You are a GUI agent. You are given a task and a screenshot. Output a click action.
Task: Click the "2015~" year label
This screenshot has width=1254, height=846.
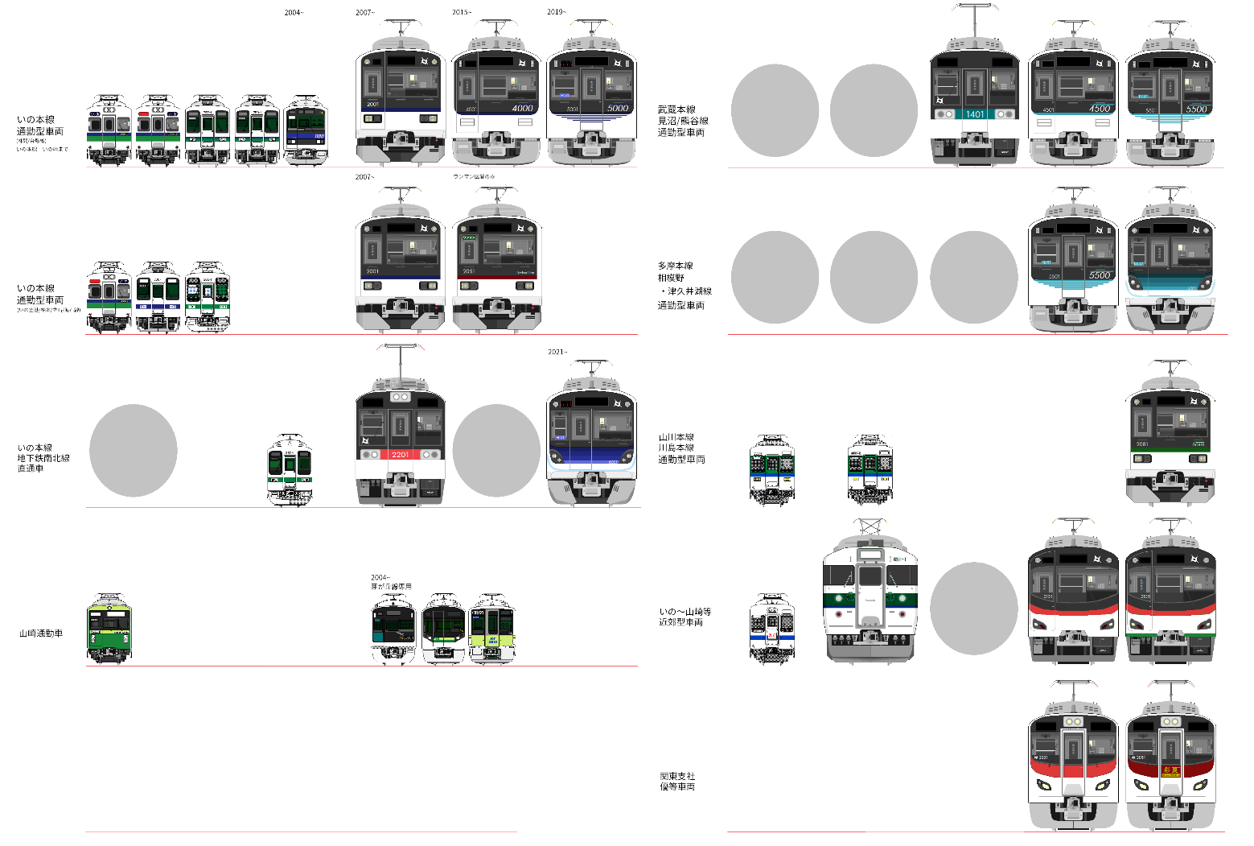point(461,13)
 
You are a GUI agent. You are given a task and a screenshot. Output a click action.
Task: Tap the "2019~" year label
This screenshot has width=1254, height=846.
point(556,13)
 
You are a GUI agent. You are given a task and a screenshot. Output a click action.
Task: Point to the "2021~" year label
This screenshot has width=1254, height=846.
point(557,352)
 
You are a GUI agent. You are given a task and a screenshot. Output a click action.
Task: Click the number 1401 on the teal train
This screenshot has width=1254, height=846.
point(975,114)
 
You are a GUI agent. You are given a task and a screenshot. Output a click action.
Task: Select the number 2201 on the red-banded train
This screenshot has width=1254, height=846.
point(400,455)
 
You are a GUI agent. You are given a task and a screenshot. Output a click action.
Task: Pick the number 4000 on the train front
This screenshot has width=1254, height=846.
point(522,108)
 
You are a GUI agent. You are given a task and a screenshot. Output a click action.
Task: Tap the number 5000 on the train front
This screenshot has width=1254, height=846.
point(617,108)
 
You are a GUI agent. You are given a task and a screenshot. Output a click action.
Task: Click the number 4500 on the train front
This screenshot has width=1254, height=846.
point(1100,109)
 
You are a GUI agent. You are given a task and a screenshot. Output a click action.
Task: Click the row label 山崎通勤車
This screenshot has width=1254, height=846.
point(41,633)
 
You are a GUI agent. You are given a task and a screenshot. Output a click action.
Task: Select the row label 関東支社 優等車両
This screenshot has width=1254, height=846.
point(677,782)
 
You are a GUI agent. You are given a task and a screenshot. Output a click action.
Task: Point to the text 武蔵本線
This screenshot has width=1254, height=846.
point(676,109)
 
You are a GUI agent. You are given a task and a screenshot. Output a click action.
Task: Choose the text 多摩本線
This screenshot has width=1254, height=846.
point(675,266)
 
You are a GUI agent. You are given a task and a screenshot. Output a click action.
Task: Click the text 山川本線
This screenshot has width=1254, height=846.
point(676,438)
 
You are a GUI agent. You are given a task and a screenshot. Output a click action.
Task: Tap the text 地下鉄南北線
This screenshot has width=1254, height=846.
point(43,458)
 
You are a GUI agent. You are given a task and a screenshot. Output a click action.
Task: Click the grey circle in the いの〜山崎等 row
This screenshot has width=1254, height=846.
point(973,608)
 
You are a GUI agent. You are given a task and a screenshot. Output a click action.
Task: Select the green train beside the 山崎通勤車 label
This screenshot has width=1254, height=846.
point(109,629)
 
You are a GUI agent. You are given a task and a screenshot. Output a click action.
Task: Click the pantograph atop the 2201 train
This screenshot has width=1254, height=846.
point(400,358)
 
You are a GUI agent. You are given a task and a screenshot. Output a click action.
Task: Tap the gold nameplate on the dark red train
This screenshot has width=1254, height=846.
point(1170,770)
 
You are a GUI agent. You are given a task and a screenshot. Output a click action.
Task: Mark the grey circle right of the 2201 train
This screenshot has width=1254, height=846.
point(496,450)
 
